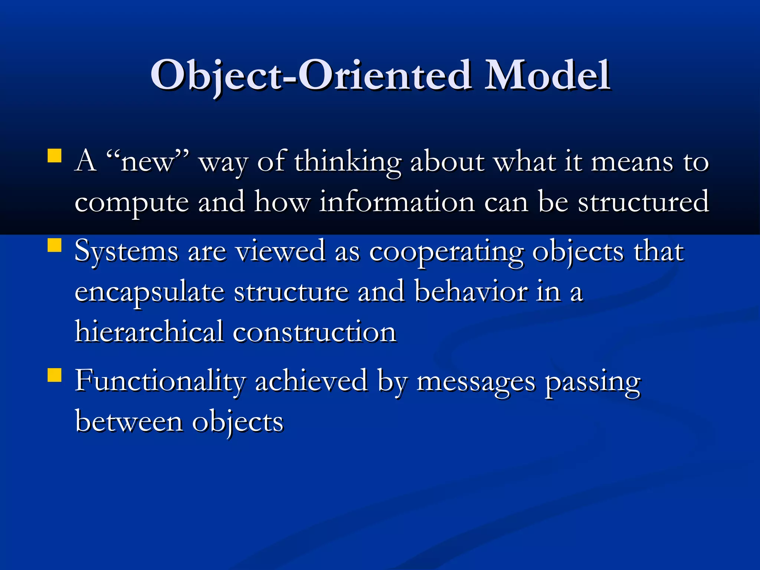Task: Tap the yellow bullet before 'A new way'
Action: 55,156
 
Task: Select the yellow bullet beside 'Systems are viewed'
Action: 55,245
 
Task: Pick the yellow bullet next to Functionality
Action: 55,375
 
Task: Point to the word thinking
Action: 348,162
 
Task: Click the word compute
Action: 132,203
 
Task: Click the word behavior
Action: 471,292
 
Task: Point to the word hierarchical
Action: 149,331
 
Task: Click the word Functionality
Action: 160,381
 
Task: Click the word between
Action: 129,422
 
